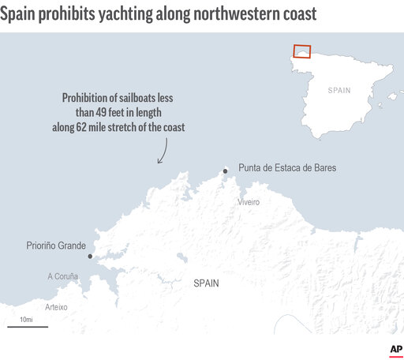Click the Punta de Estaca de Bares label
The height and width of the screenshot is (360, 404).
(x=289, y=169)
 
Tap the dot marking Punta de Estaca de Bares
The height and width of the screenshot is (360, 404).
(x=226, y=170)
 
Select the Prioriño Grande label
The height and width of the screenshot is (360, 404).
(x=56, y=247)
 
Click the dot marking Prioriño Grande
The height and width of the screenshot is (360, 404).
(x=90, y=256)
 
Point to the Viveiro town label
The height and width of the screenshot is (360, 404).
(x=249, y=202)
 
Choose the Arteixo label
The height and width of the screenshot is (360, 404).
(x=56, y=306)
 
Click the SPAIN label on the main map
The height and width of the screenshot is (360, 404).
(x=207, y=283)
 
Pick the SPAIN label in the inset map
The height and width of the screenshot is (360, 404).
(x=339, y=91)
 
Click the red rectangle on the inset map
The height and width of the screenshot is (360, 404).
(x=301, y=51)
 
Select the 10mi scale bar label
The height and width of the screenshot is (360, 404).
(x=26, y=318)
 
